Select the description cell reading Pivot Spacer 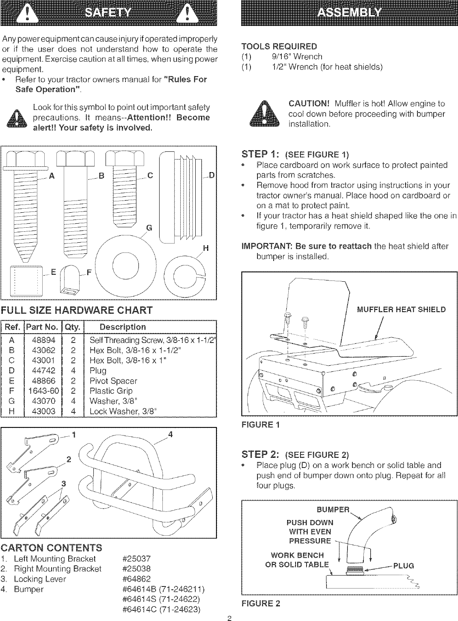tap(113, 381)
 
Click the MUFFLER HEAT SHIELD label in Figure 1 tap(401, 310)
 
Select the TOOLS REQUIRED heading tap(279, 46)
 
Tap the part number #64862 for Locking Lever tap(136, 579)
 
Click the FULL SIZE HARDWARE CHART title tap(77, 310)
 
